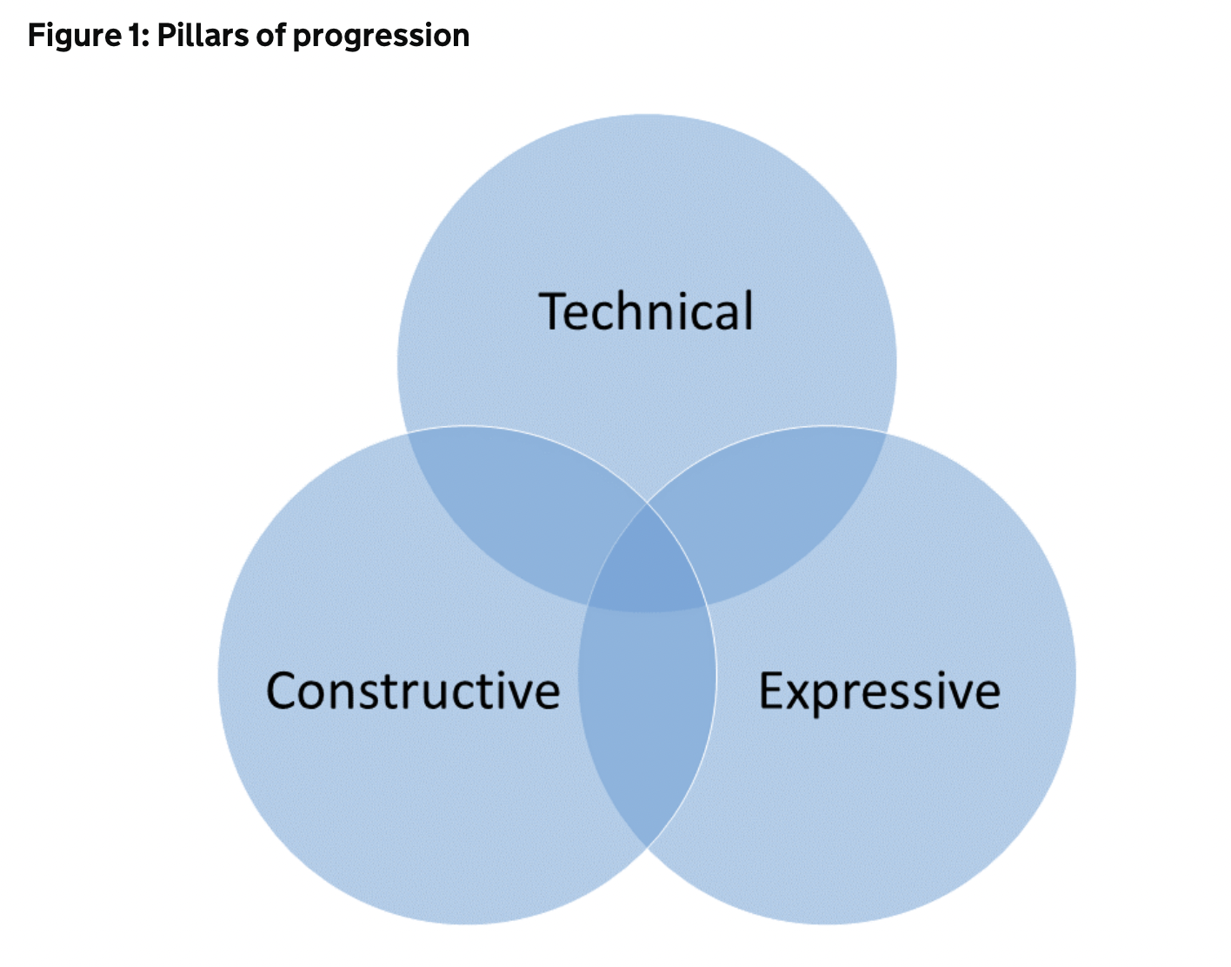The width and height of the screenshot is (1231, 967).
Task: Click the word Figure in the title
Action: point(74,37)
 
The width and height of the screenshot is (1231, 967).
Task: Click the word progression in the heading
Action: point(382,37)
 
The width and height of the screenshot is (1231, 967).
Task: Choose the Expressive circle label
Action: point(879,693)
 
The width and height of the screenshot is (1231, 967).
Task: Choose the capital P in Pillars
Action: point(167,36)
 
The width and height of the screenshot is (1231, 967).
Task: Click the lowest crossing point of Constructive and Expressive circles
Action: point(647,848)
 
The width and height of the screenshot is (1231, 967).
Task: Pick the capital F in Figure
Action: point(37,36)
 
